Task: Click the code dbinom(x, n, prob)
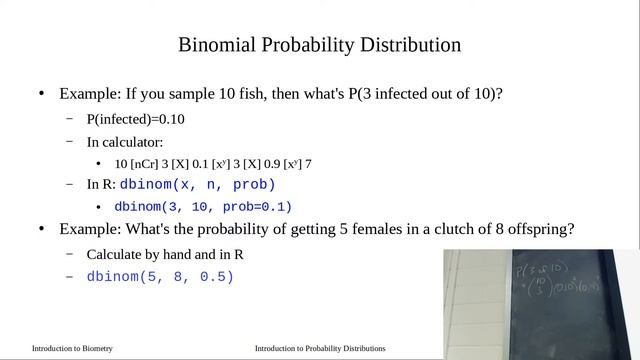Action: click(197, 185)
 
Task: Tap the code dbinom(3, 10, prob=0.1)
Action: click(203, 207)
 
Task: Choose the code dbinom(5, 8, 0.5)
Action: click(160, 276)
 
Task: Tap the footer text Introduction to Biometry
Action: click(72, 349)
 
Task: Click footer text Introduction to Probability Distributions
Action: click(320, 349)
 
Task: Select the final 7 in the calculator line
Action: click(309, 163)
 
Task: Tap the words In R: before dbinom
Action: click(101, 185)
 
